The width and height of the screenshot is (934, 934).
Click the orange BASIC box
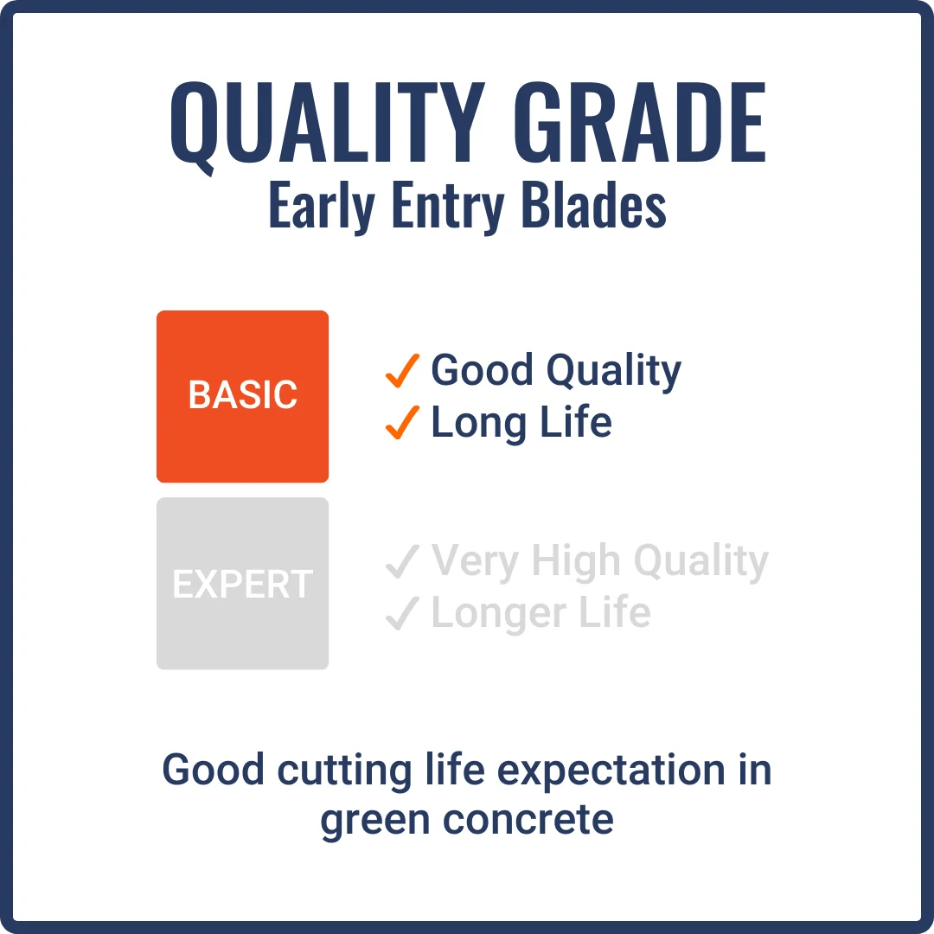pyautogui.click(x=242, y=396)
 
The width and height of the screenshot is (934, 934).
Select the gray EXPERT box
pyautogui.click(x=242, y=584)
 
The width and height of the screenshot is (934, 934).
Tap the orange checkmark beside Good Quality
pyautogui.click(x=402, y=371)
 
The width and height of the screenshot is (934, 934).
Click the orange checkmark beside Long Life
pyautogui.click(x=402, y=423)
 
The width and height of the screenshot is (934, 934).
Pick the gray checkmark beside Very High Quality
pyautogui.click(x=402, y=562)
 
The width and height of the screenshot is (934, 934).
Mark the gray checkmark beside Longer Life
pyautogui.click(x=402, y=614)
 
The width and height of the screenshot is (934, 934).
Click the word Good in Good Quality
pyautogui.click(x=481, y=370)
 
